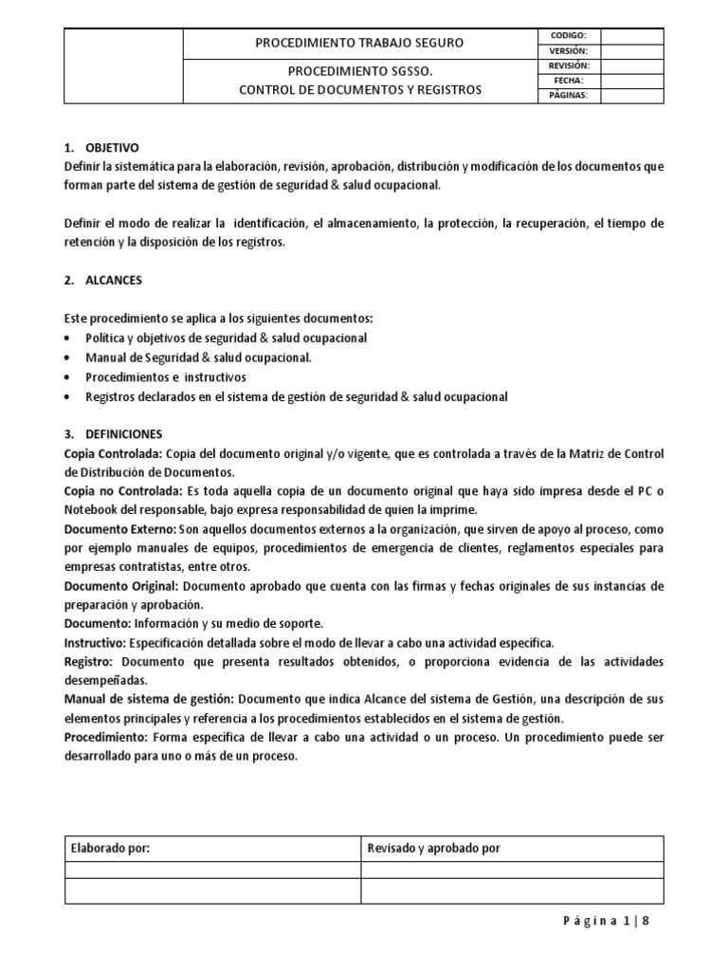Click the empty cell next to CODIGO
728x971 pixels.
[632, 35]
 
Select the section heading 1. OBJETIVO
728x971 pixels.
[101, 148]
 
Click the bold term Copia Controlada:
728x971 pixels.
[113, 453]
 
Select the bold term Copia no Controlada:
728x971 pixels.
[121, 491]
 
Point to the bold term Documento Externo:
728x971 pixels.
[119, 529]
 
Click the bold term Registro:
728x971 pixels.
[88, 661]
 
